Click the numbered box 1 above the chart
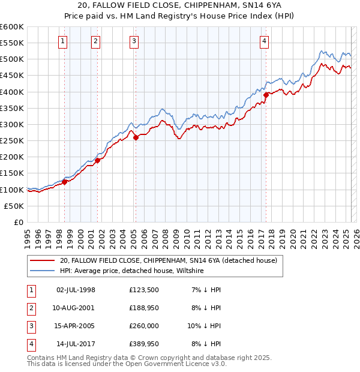click(x=63, y=41)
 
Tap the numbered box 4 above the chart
click(x=264, y=41)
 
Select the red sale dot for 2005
click(x=136, y=137)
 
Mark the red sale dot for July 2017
click(x=266, y=95)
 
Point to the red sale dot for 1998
click(x=64, y=182)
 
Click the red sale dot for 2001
click(x=97, y=160)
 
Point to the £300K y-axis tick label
click(x=12, y=124)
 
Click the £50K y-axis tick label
click(x=14, y=206)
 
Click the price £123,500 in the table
click(x=144, y=290)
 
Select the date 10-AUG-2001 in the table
click(x=75, y=308)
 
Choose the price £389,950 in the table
click(x=144, y=344)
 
